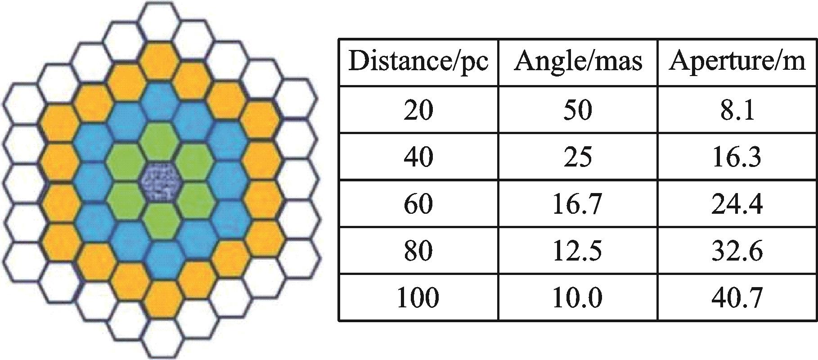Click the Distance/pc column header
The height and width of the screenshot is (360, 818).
pos(418,62)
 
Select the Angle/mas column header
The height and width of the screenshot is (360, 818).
pos(578,62)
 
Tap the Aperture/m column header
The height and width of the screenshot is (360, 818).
pos(737,62)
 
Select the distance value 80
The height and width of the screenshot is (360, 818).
pos(418,251)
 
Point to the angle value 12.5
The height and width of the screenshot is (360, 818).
pos(578,251)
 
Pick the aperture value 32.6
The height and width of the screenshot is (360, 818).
pos(737,251)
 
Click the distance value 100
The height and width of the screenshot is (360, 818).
pos(418,297)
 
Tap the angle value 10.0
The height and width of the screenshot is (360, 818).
pos(578,297)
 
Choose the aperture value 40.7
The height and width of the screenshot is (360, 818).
pos(737,297)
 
